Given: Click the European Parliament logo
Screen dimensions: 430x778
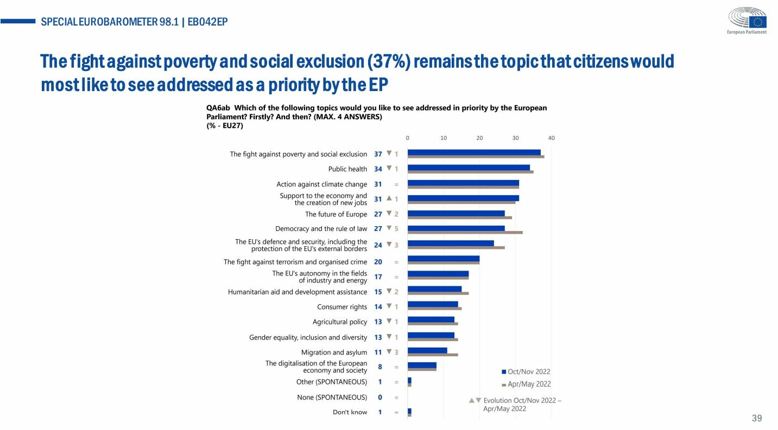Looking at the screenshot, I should pyautogui.click(x=747, y=21).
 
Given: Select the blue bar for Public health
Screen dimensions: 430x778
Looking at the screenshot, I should pyautogui.click(x=469, y=167).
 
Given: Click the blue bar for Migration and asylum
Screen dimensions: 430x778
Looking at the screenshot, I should pyautogui.click(x=427, y=350).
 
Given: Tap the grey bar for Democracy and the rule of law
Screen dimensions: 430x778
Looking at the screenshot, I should pyautogui.click(x=465, y=232).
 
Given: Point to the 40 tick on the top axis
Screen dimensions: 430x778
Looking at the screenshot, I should pyautogui.click(x=551, y=138).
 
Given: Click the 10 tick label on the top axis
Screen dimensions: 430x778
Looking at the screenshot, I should pyautogui.click(x=444, y=138).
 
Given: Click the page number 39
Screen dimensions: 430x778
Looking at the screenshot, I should pyautogui.click(x=757, y=418).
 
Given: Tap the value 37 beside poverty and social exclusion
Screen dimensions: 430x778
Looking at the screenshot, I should pyautogui.click(x=378, y=154).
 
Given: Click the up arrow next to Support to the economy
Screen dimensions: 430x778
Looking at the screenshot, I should pyautogui.click(x=389, y=198).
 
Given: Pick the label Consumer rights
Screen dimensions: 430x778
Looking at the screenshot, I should pyautogui.click(x=342, y=307).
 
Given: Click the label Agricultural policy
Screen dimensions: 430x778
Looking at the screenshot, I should pyautogui.click(x=340, y=322).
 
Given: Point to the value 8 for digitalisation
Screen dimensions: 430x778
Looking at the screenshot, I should pyautogui.click(x=380, y=367).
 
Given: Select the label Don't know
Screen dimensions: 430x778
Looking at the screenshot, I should pyautogui.click(x=350, y=412).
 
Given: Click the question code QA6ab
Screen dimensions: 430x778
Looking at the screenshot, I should pyautogui.click(x=217, y=108).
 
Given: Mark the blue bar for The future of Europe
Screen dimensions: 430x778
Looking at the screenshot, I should pyautogui.click(x=456, y=213).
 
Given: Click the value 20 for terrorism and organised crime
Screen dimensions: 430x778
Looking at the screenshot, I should pyautogui.click(x=378, y=262).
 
